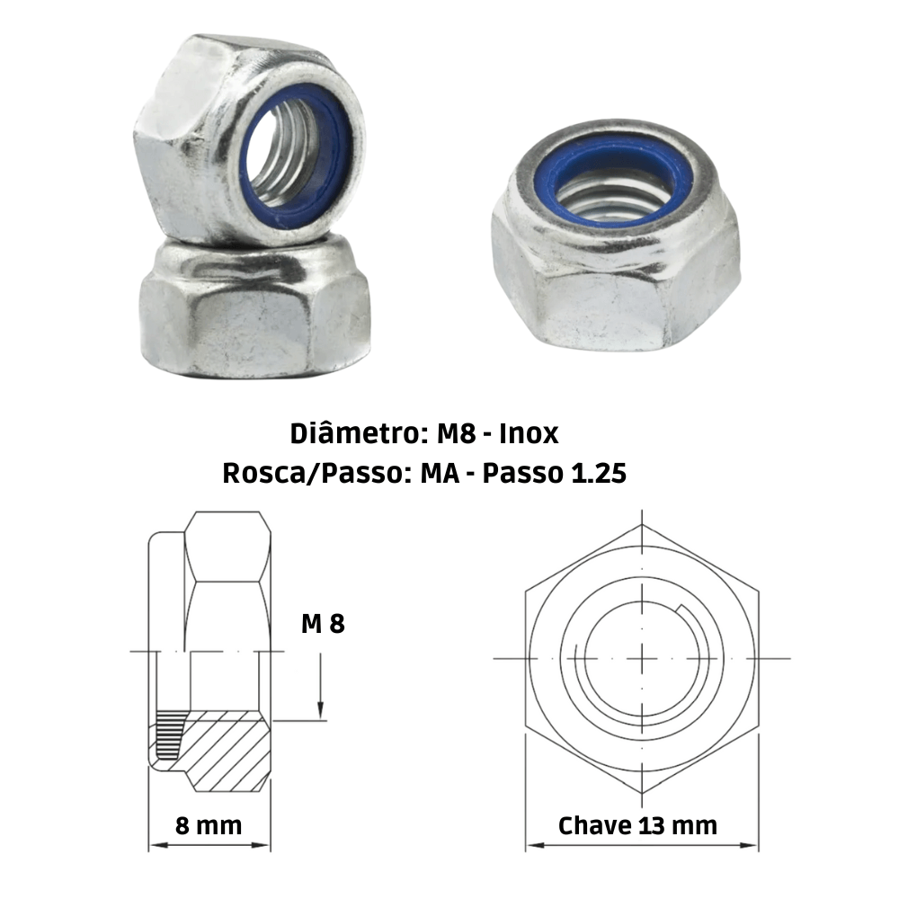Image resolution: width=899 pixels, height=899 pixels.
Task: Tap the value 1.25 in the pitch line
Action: [598, 473]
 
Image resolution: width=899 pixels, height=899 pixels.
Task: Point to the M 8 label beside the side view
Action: [322, 623]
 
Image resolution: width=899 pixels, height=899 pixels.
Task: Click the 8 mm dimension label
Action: [209, 825]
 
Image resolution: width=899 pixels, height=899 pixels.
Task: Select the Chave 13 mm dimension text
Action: [637, 825]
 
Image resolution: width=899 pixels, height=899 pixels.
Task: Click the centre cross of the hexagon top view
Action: [642, 658]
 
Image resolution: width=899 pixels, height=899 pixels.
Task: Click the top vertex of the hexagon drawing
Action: [642, 523]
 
